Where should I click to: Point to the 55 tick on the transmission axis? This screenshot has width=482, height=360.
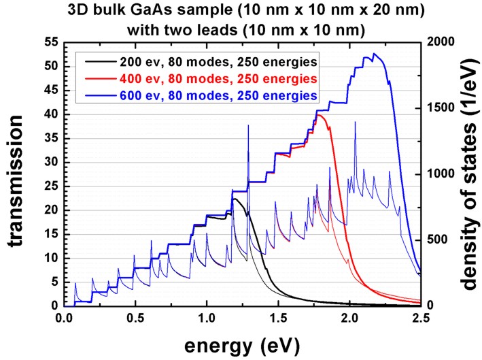pos(50,42)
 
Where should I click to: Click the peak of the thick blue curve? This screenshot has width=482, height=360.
pos(374,54)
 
